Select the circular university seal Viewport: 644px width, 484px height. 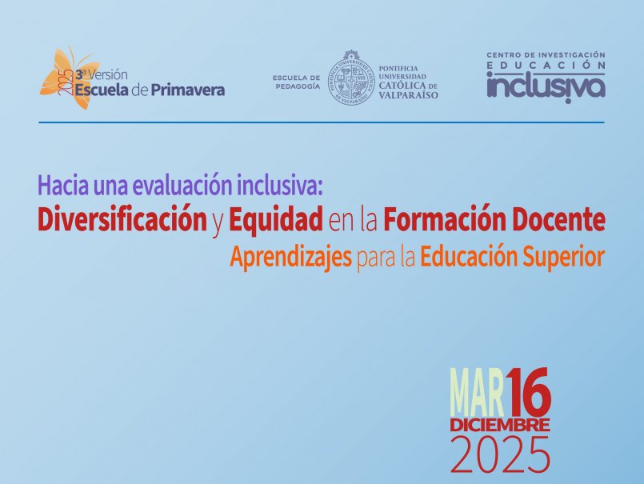pos(353,78)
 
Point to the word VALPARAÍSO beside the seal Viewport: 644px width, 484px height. pos(410,95)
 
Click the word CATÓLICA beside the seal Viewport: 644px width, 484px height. pos(401,85)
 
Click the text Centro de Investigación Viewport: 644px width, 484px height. pos(546,55)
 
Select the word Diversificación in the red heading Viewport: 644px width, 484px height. pos(122,218)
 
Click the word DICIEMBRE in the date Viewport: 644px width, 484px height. pos(499,423)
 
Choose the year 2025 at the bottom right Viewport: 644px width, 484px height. pos(500,455)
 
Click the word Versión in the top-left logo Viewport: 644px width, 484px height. pos(108,73)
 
